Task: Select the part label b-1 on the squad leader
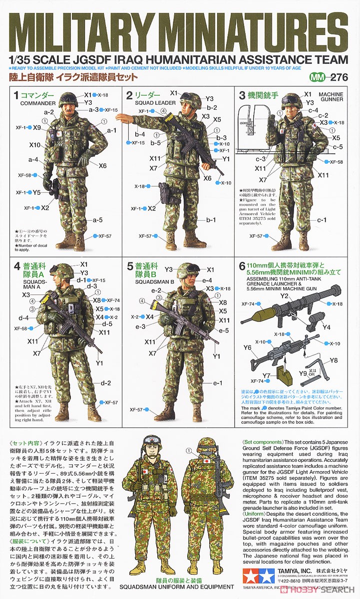tap(211, 219)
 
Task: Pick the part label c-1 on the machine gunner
tap(322, 220)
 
